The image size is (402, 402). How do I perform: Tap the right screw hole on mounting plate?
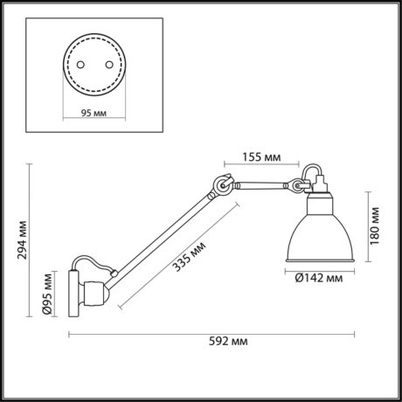tap(111, 66)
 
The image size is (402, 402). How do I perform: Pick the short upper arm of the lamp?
tap(262, 184)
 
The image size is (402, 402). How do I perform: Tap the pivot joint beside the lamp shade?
tap(299, 186)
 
